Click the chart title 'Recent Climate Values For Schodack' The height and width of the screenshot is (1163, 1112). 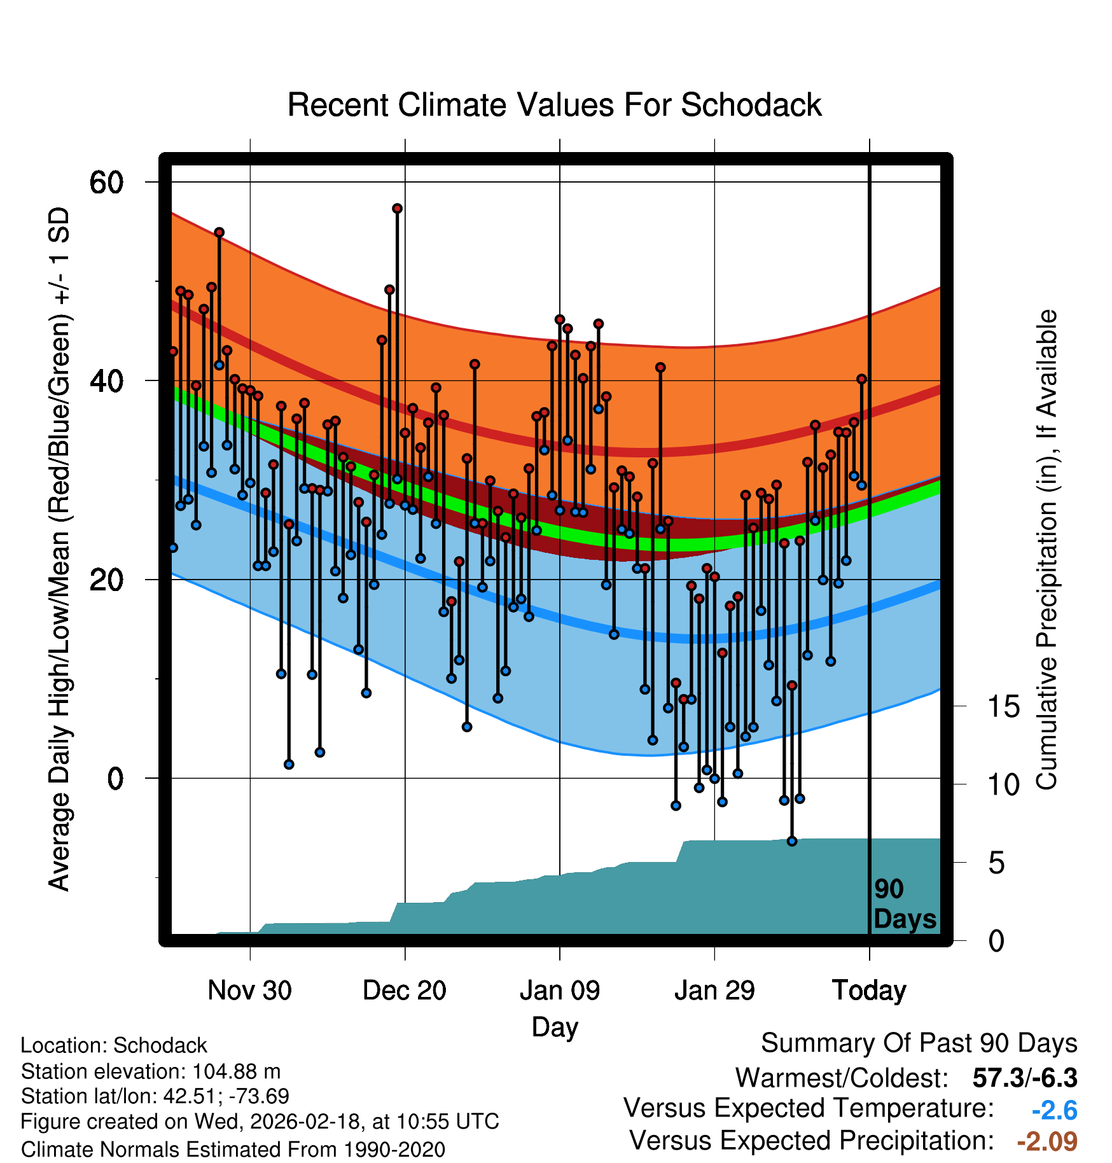pyautogui.click(x=554, y=105)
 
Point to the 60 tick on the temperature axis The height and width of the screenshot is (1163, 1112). pyautogui.click(x=106, y=183)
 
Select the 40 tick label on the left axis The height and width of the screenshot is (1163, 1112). pyautogui.click(x=106, y=381)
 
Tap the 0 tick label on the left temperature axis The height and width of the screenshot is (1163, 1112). pyautogui.click(x=115, y=779)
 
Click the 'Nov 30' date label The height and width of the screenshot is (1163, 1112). pyautogui.click(x=249, y=991)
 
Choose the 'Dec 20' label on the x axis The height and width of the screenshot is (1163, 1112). pyautogui.click(x=405, y=991)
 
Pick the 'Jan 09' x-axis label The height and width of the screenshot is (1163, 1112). pyautogui.click(x=560, y=991)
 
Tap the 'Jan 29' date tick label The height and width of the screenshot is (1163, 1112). pyautogui.click(x=714, y=991)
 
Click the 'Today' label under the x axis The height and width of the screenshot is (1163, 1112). pyautogui.click(x=869, y=991)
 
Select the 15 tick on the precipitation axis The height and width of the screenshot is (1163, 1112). pyautogui.click(x=1003, y=707)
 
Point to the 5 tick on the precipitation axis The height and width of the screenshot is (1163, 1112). pyautogui.click(x=996, y=863)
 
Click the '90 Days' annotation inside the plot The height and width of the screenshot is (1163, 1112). pyautogui.click(x=904, y=904)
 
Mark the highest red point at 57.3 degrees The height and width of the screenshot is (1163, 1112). pyautogui.click(x=398, y=209)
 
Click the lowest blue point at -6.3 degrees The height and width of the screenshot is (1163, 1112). pyautogui.click(x=792, y=841)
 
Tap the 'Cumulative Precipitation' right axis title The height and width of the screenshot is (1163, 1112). pyautogui.click(x=1046, y=550)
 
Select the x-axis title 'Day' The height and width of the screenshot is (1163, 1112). pyautogui.click(x=555, y=1027)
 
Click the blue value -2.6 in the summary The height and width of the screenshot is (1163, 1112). pyautogui.click(x=1054, y=1110)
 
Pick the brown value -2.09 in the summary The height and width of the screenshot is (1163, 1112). pyautogui.click(x=1047, y=1141)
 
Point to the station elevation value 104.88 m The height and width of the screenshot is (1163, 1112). pyautogui.click(x=236, y=1071)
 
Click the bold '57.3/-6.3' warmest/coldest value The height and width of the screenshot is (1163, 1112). pyautogui.click(x=1024, y=1078)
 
